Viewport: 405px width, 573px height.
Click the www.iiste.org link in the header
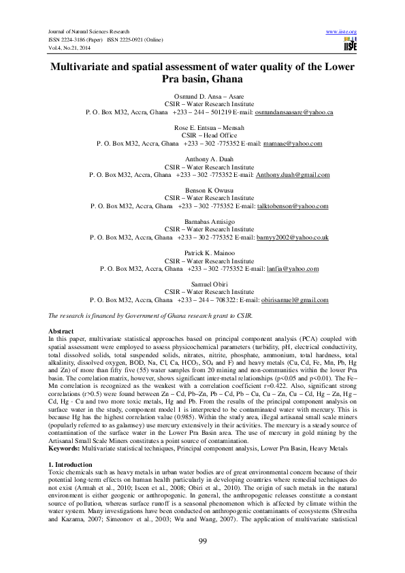(x=342, y=32)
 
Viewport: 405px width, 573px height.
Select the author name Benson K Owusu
(x=202, y=191)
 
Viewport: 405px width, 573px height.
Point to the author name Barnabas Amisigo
(x=202, y=222)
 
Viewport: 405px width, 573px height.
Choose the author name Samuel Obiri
(x=202, y=284)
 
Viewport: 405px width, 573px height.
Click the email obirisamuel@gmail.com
(x=295, y=300)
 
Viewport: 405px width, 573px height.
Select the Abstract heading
(x=59, y=331)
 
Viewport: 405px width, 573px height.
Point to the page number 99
(x=202, y=541)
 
